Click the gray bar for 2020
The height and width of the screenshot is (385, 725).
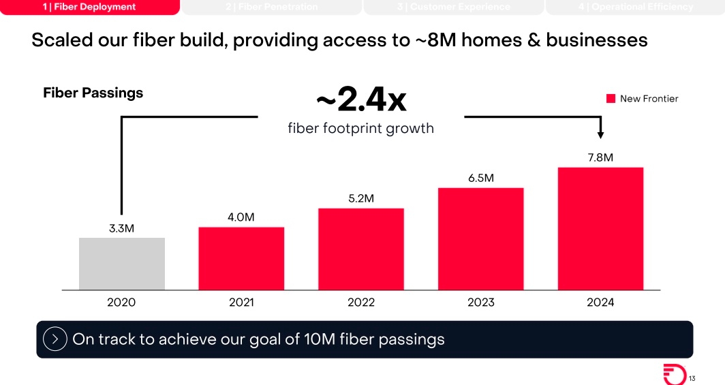click(121, 264)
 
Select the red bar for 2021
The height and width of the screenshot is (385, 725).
click(241, 258)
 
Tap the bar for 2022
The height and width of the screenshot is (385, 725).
click(361, 249)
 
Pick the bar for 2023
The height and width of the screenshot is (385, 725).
click(480, 238)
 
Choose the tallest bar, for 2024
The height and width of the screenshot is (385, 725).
click(600, 228)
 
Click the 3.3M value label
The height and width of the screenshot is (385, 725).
click(121, 228)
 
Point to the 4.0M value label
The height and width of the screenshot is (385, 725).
click(241, 217)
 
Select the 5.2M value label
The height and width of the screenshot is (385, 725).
click(361, 198)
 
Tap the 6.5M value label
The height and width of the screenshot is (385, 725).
click(480, 178)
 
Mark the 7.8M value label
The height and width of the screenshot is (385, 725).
click(600, 157)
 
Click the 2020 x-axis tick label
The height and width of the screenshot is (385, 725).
click(121, 303)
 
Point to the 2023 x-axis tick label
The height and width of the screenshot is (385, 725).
click(480, 303)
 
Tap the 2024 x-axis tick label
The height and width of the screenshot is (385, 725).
click(600, 303)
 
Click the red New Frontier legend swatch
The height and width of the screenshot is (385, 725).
click(611, 99)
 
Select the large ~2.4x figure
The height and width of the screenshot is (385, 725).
click(360, 101)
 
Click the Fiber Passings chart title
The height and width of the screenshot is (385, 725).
click(93, 93)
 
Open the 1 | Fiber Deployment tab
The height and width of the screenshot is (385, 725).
click(90, 7)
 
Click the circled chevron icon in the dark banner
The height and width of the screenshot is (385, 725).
click(55, 339)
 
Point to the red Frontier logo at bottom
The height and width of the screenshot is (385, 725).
click(675, 374)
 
